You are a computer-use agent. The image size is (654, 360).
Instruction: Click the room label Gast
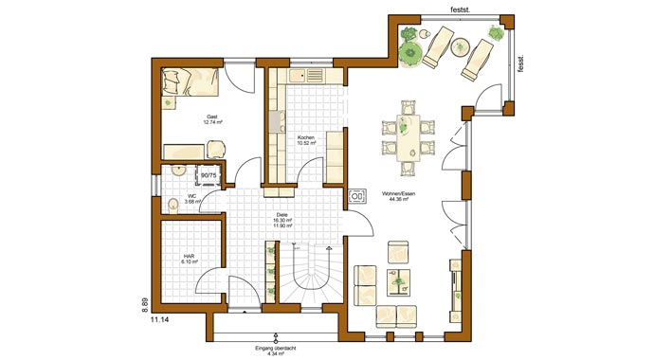pyautogui.click(x=211, y=117)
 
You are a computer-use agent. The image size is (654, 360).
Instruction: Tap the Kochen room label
pyautogui.click(x=305, y=138)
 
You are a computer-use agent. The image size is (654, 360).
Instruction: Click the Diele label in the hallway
pyautogui.click(x=281, y=214)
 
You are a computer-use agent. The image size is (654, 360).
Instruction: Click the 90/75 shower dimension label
pyautogui.click(x=209, y=175)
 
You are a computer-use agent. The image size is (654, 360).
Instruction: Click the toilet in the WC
pyautogui.click(x=173, y=206)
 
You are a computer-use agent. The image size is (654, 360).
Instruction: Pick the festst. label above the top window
pyautogui.click(x=458, y=9)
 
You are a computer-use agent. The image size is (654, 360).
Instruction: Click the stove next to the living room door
pyautogui.click(x=357, y=197)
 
